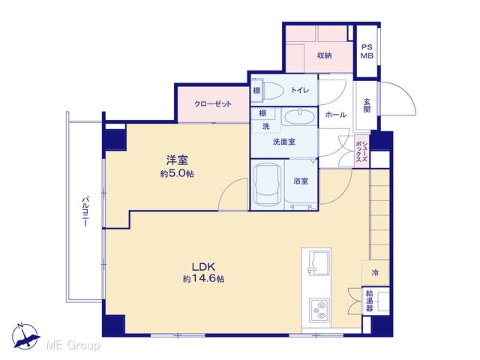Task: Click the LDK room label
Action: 203,267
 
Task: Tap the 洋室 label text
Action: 177,160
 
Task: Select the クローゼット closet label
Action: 213,104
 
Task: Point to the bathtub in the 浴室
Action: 268,185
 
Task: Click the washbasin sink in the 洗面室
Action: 300,116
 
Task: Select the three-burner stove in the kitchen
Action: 319,310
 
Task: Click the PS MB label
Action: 367,52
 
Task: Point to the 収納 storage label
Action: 324,55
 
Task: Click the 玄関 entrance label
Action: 367,105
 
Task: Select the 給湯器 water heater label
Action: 370,301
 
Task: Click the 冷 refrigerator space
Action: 375,273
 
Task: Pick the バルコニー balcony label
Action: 85,211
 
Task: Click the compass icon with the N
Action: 25,336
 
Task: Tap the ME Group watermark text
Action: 73,346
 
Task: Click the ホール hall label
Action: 336,115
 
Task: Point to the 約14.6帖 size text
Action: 203,279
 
